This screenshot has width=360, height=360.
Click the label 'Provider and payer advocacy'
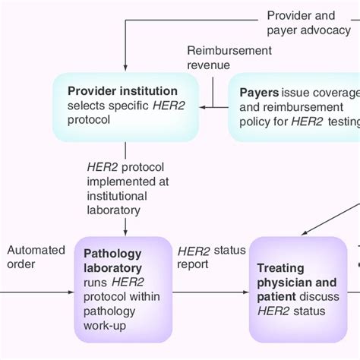(301, 23)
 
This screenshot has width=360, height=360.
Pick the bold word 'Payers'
(259, 93)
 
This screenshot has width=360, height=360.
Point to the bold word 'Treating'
(280, 268)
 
